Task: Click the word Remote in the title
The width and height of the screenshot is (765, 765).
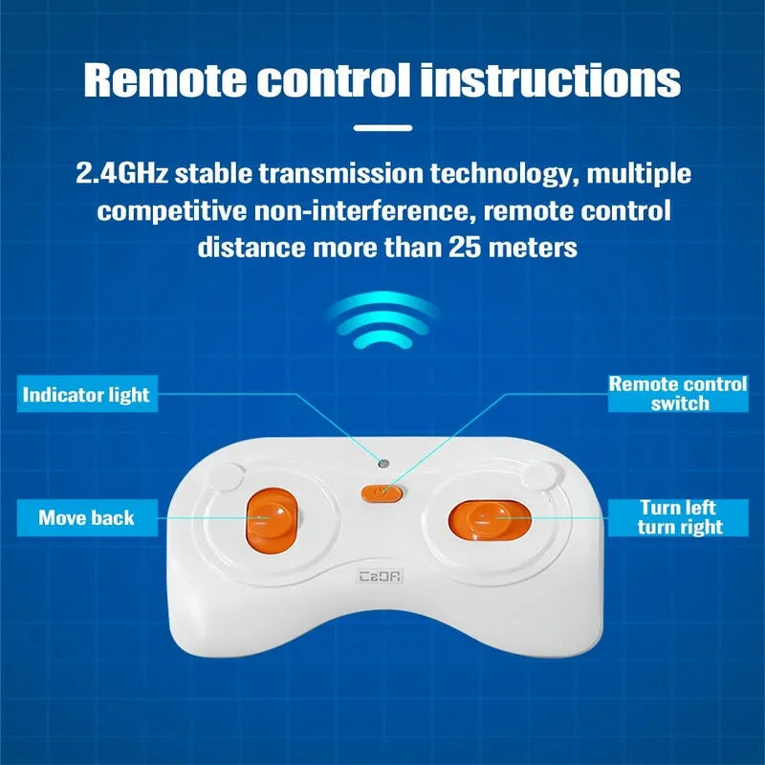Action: (164, 80)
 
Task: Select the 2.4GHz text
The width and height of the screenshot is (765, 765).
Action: (121, 174)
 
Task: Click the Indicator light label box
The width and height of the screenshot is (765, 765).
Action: (87, 394)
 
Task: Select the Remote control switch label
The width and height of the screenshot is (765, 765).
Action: (678, 394)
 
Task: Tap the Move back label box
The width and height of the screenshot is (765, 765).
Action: (87, 517)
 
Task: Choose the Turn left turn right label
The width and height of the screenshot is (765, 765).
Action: (678, 517)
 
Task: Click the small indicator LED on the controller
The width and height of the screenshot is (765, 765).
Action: (384, 463)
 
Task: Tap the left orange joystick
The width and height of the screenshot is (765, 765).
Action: (272, 519)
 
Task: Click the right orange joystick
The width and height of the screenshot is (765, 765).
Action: (490, 519)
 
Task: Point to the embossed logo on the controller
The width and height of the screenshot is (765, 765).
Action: (380, 577)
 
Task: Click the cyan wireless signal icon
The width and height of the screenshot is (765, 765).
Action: (383, 320)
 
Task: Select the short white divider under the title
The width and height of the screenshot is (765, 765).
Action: (383, 128)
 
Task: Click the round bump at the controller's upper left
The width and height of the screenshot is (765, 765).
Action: (224, 477)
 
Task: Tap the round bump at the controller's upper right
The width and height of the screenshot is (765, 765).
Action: (539, 476)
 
